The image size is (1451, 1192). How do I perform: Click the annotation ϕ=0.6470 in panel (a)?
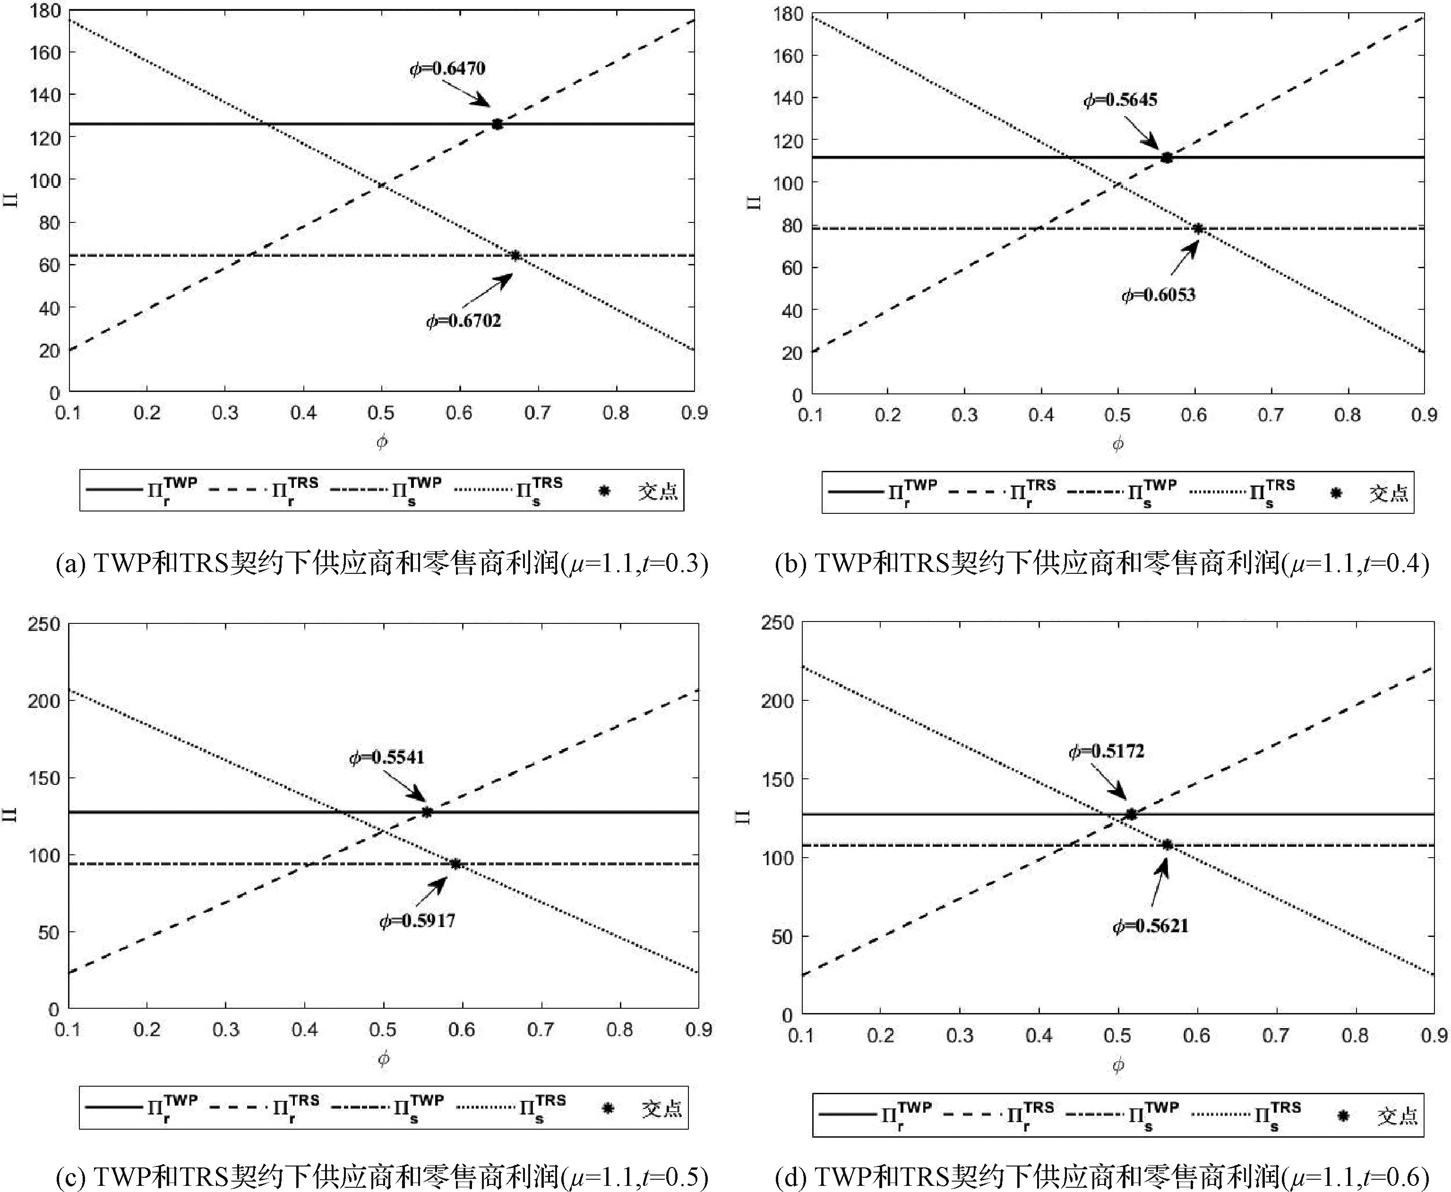(x=448, y=68)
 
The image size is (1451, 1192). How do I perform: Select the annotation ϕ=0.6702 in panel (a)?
(x=464, y=321)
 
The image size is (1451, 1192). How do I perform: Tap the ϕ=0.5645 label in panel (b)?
(x=1121, y=100)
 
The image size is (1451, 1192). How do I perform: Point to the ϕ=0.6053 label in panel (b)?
(x=1159, y=295)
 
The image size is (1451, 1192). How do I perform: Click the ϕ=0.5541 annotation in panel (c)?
(x=387, y=758)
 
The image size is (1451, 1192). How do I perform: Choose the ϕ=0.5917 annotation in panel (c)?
(x=418, y=921)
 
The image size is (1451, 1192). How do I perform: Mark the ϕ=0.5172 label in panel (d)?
(x=1107, y=752)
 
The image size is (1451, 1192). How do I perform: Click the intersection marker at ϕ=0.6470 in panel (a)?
(x=497, y=124)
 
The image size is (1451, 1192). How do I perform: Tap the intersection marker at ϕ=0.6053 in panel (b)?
(x=1197, y=229)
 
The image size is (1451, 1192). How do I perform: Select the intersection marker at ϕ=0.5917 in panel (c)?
(x=455, y=864)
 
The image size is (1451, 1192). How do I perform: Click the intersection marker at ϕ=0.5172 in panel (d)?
(x=1131, y=814)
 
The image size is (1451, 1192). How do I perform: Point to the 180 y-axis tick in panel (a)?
(x=45, y=10)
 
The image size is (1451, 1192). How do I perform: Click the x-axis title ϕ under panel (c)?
(x=383, y=1059)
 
